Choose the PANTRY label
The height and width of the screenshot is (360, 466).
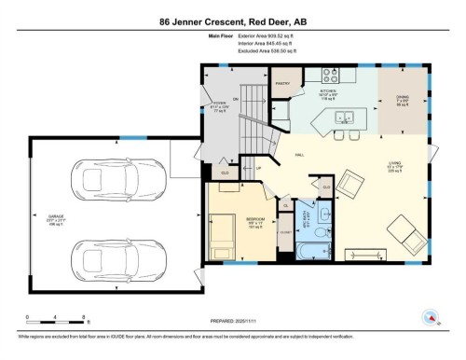(x=283, y=82)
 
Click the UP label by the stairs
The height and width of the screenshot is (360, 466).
(x=247, y=169)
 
